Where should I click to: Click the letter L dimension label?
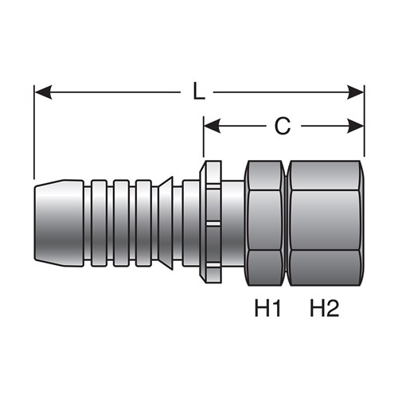[x=199, y=92]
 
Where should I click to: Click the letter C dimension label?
[x=283, y=126]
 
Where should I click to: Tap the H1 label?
[x=267, y=308]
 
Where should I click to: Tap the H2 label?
[x=325, y=308]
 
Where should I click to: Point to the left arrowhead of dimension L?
[x=43, y=92]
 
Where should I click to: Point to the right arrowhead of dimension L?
[x=356, y=92]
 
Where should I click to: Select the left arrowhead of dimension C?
[x=212, y=126]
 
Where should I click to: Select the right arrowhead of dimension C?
[x=356, y=126]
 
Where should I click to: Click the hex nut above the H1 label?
[x=265, y=223]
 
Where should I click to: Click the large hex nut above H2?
[x=325, y=223]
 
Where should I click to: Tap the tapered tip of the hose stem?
[x=59, y=223]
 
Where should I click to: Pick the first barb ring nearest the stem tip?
[x=99, y=223]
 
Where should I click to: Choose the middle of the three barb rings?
[x=122, y=223]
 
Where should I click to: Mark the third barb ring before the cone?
[x=143, y=223]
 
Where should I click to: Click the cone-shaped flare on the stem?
[x=166, y=223]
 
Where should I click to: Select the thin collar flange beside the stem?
[x=211, y=221]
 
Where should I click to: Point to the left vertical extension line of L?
[x=34, y=132]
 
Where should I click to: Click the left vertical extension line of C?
[x=204, y=137]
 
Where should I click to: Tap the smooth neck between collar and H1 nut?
[x=233, y=223]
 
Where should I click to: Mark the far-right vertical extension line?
[x=365, y=121]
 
